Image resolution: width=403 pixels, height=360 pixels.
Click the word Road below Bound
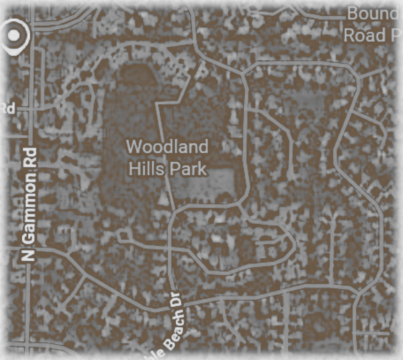[363, 34]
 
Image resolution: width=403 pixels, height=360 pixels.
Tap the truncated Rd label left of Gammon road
[7, 108]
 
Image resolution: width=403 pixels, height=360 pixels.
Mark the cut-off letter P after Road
[394, 34]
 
